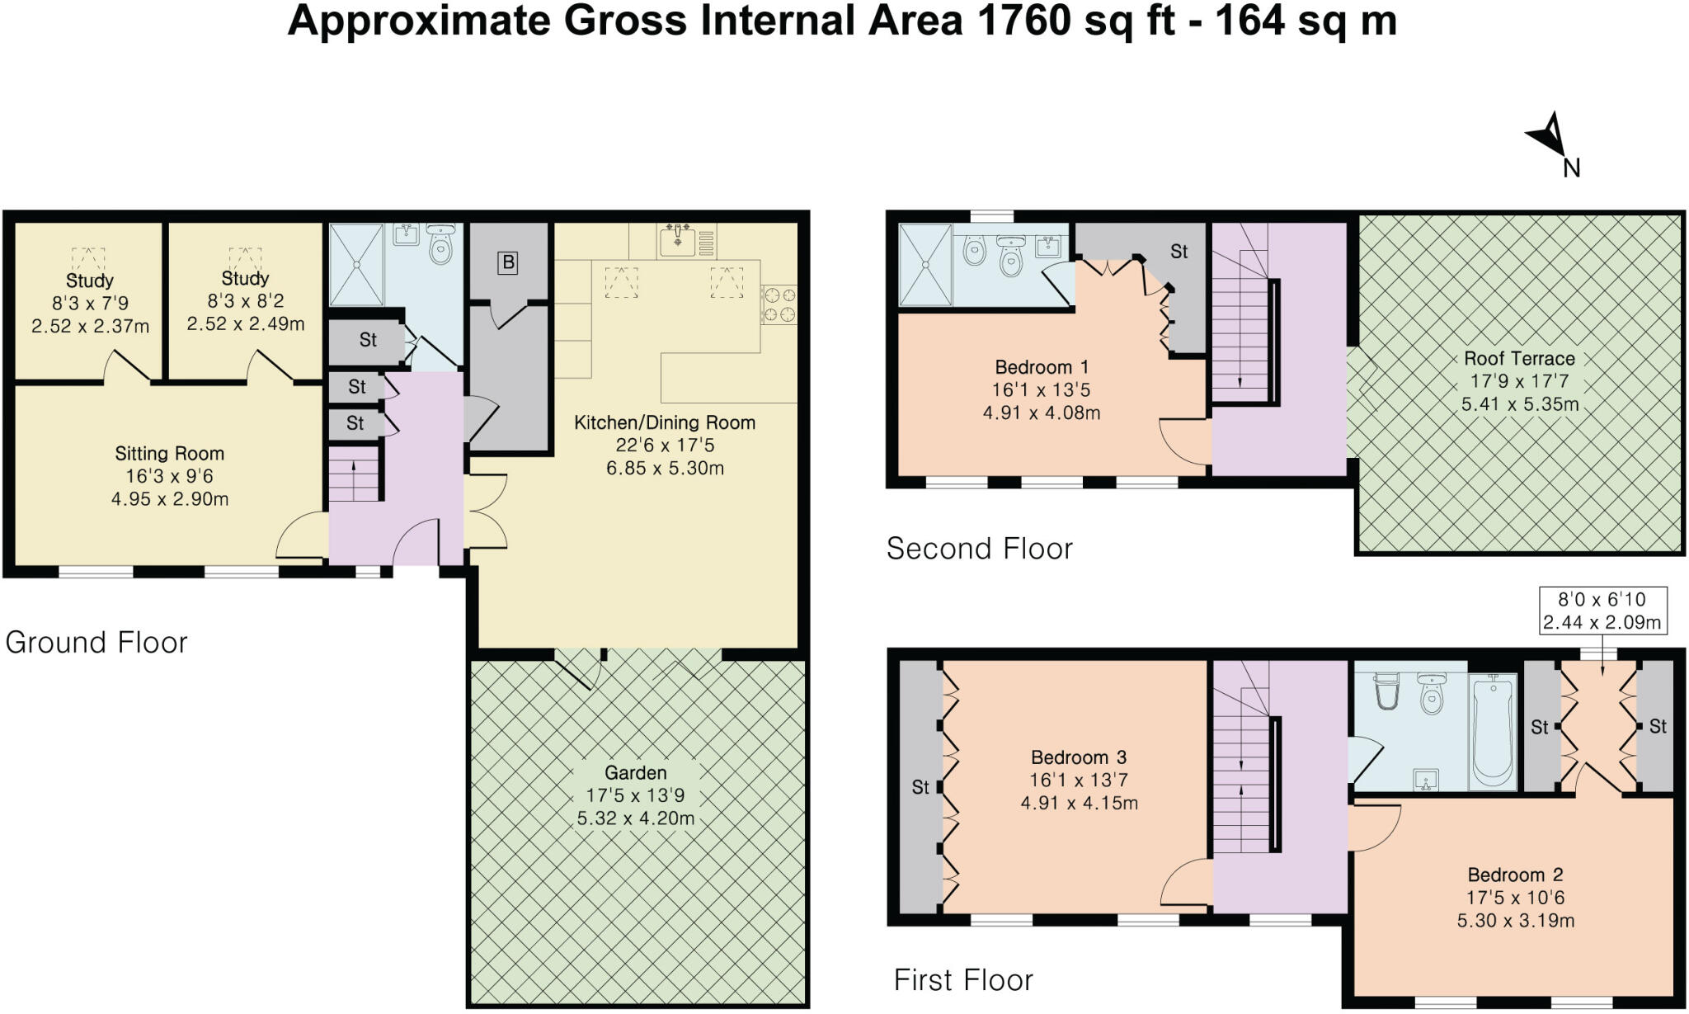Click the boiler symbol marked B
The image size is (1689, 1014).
tap(508, 263)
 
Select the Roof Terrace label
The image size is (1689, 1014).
tap(1519, 359)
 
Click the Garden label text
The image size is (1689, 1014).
tap(635, 773)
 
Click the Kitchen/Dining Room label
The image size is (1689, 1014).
tap(665, 423)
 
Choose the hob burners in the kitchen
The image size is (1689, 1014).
tap(779, 304)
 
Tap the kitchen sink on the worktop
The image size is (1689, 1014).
tap(678, 239)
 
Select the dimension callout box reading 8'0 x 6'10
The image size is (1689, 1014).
tap(1602, 611)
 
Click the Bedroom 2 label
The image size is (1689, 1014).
tap(1515, 875)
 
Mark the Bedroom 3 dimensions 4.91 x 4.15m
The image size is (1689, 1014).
tap(1079, 803)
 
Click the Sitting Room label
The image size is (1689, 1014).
tap(169, 454)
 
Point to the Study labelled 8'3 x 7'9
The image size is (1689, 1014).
tap(90, 281)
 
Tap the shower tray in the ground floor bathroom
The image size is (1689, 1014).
tap(356, 264)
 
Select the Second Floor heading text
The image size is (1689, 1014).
tap(979, 549)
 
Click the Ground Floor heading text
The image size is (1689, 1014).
tap(96, 643)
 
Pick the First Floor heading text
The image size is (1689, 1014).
tap(963, 980)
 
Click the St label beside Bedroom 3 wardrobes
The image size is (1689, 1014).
tap(920, 788)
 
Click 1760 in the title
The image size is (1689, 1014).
tap(1023, 21)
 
